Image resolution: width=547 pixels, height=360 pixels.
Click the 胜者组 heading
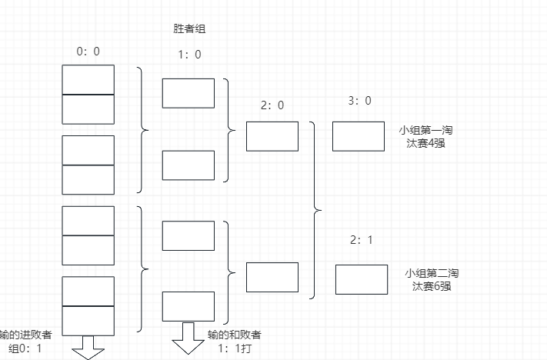coord(189,28)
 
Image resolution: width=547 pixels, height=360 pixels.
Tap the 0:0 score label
coord(88,52)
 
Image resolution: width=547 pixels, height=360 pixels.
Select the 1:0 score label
coord(189,55)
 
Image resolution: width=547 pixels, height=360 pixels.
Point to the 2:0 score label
coord(272,105)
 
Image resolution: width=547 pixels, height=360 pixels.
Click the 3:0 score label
coord(360,101)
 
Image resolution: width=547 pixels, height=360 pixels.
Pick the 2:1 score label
coord(362,240)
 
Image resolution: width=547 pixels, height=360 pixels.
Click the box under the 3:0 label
coord(359,136)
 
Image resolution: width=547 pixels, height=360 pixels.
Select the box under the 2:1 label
coord(362,279)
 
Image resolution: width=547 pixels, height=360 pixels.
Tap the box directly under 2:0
coord(272,136)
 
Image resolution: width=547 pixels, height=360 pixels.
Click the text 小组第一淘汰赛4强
coord(425,137)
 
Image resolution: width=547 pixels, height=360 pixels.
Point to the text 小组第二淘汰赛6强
coord(432,279)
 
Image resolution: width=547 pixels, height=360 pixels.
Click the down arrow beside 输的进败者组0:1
coord(88,348)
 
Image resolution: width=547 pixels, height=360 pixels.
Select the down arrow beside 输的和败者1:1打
coord(188,338)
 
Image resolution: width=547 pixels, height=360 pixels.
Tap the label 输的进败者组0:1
coord(25,342)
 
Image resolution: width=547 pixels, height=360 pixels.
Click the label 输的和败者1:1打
coord(235,342)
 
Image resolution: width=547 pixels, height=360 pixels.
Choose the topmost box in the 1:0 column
coord(188,93)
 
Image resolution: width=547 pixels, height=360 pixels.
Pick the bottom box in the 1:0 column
coord(188,306)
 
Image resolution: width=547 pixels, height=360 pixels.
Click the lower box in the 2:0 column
coord(272,277)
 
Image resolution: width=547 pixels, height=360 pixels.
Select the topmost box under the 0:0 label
coord(88,79)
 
